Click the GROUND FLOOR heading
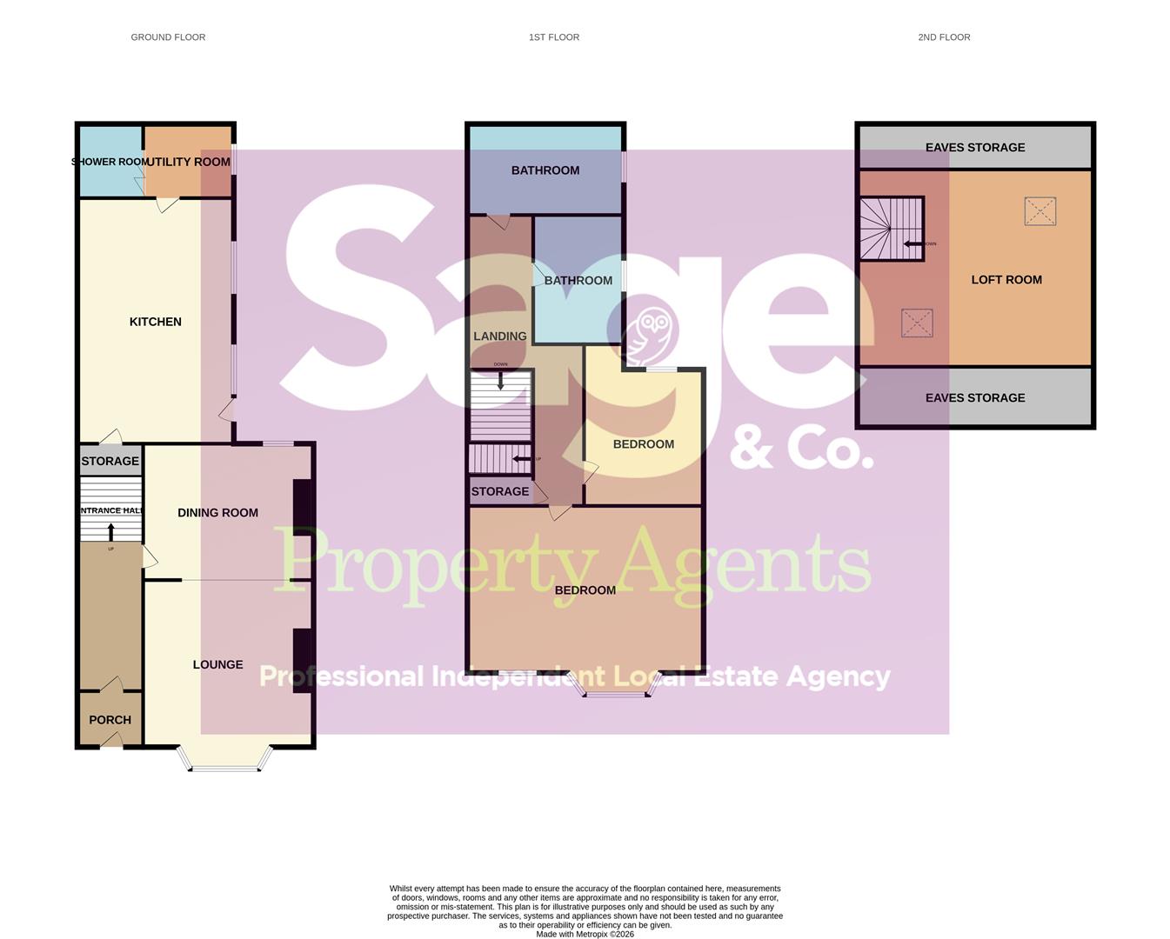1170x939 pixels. [168, 37]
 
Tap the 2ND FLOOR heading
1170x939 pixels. [944, 37]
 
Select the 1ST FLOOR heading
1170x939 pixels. [554, 37]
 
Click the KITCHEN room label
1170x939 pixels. [156, 322]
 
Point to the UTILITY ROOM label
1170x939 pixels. [190, 162]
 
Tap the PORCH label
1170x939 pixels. [110, 720]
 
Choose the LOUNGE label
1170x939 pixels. [217, 664]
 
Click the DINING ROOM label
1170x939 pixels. [217, 513]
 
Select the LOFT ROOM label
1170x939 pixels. [1006, 280]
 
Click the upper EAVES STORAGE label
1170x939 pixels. [975, 148]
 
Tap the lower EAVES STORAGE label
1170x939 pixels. [975, 398]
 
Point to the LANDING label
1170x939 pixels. [500, 336]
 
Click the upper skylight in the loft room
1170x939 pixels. [1040, 211]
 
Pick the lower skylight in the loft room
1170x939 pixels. [917, 323]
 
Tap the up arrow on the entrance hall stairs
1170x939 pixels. [111, 529]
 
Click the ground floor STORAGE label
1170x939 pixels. [110, 461]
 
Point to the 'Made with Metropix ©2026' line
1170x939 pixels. [585, 935]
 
